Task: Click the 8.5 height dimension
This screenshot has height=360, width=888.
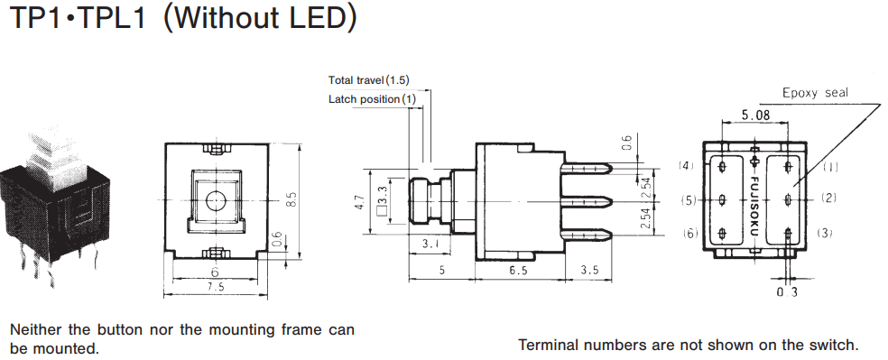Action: (292, 199)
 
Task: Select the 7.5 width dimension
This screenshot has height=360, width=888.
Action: (215, 286)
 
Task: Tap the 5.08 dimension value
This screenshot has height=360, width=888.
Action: (755, 115)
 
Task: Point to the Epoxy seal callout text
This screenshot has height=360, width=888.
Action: (816, 92)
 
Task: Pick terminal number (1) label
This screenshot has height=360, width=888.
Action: (828, 166)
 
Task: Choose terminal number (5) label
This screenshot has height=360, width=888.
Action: (689, 199)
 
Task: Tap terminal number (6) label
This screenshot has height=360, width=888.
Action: (689, 233)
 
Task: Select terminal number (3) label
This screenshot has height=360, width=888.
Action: (825, 233)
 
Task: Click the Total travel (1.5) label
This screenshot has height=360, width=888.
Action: (369, 79)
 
